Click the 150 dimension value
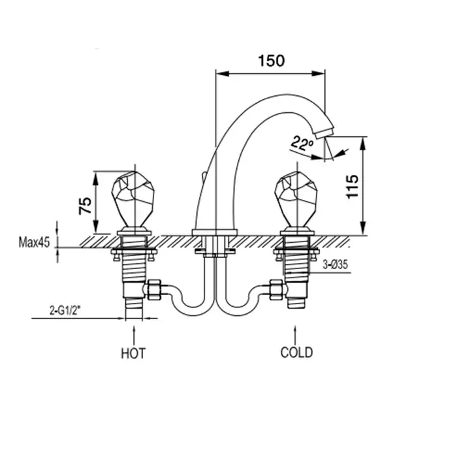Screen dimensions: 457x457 tap(270, 61)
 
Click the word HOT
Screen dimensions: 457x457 tap(133, 353)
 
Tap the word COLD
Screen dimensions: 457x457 tap(296, 353)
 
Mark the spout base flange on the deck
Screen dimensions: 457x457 tap(215, 232)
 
